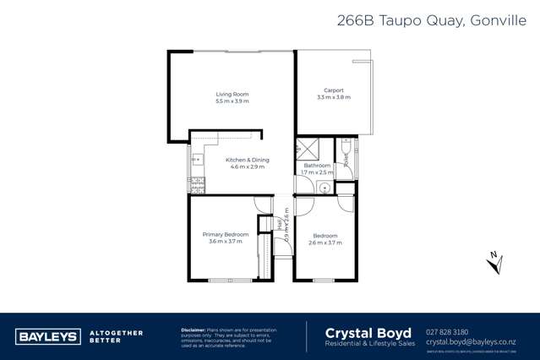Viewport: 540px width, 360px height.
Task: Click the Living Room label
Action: tap(232, 94)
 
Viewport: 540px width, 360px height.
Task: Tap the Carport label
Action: tap(333, 90)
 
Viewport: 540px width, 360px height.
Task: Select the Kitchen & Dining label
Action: tap(248, 160)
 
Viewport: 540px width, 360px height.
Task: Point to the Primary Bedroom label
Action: tap(225, 234)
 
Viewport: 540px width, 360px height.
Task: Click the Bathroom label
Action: tap(317, 165)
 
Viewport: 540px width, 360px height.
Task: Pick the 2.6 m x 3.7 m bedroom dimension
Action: tap(325, 243)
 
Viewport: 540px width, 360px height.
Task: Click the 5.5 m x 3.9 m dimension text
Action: tap(232, 101)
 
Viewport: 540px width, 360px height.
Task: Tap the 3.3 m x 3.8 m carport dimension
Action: tap(333, 97)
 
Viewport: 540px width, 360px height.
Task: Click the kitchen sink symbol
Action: tap(196, 159)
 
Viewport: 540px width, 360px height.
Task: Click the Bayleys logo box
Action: tap(47, 336)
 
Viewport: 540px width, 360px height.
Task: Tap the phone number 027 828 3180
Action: tap(449, 332)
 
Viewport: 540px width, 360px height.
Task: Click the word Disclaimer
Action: tap(196, 329)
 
